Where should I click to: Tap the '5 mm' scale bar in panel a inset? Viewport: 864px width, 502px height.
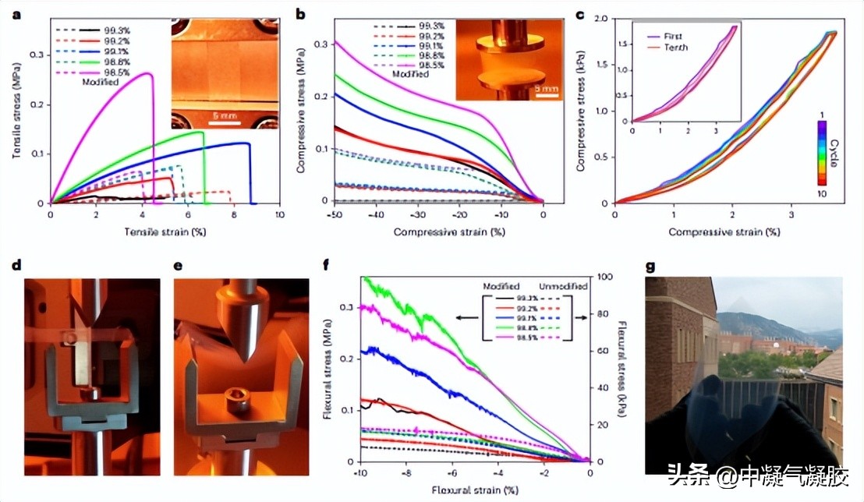click(223, 111)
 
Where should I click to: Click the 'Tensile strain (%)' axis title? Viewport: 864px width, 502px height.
click(163, 232)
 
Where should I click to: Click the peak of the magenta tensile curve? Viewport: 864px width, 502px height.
click(147, 73)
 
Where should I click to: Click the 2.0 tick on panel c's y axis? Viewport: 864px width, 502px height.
click(603, 19)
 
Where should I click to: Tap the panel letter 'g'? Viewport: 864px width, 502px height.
click(650, 267)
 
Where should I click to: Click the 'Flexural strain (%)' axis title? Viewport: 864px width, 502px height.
click(474, 491)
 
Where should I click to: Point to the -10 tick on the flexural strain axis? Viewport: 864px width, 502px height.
click(359, 473)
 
